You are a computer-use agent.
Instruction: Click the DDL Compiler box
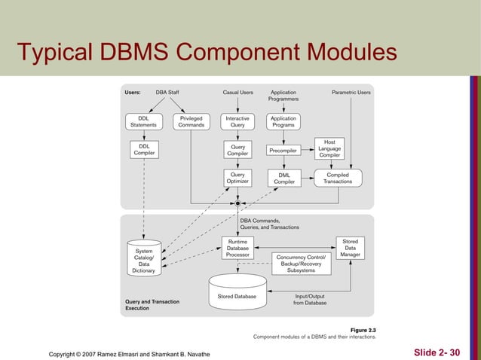click(x=143, y=149)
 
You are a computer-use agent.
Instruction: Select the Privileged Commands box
click(x=191, y=121)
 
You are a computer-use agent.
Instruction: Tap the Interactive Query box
click(x=237, y=121)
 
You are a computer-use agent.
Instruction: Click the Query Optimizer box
click(x=237, y=178)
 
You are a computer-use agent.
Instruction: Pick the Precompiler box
click(x=283, y=150)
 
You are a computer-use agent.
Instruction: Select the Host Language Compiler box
click(x=329, y=148)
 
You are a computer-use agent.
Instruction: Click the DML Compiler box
click(x=283, y=178)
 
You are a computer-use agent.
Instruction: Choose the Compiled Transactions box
click(x=337, y=178)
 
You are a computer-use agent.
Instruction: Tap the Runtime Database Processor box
click(x=237, y=249)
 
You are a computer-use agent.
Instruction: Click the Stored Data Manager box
click(x=350, y=249)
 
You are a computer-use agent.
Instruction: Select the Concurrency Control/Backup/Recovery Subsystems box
click(x=301, y=264)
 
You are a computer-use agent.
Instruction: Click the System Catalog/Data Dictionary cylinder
click(x=143, y=260)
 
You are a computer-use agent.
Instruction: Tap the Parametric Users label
click(x=351, y=93)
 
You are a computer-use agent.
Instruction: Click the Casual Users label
click(x=237, y=93)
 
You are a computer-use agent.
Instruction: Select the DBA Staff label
click(x=167, y=93)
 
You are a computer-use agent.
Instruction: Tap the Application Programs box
click(x=283, y=121)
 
